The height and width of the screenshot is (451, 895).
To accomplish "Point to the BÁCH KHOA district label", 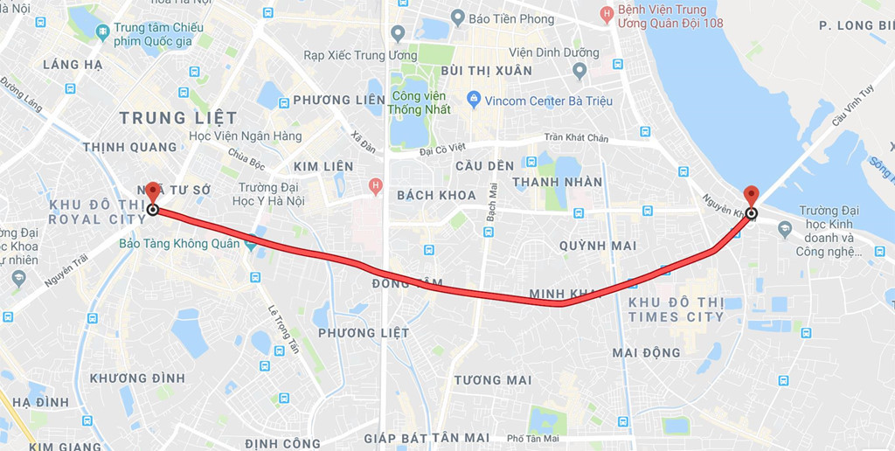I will (x=436, y=195).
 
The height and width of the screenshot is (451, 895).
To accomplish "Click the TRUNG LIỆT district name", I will (x=178, y=117).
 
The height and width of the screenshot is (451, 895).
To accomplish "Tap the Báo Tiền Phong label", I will (x=511, y=18).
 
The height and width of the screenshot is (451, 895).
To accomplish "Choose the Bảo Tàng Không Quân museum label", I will (x=179, y=244).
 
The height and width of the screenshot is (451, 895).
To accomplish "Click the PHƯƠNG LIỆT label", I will (x=364, y=333).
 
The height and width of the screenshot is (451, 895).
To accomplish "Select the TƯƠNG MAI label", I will (x=492, y=379).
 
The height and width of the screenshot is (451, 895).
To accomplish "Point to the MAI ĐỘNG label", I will (x=646, y=352).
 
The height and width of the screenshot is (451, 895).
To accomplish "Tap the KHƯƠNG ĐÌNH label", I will (x=137, y=378).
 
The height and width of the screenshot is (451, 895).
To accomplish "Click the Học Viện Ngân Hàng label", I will (x=246, y=136).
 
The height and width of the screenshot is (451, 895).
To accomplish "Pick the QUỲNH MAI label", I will (x=598, y=246).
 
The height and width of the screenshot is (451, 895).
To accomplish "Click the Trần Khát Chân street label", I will (x=575, y=137).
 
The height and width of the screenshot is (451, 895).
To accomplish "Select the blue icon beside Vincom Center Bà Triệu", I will (x=474, y=100).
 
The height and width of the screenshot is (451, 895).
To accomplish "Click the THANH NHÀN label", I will (x=558, y=182).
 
